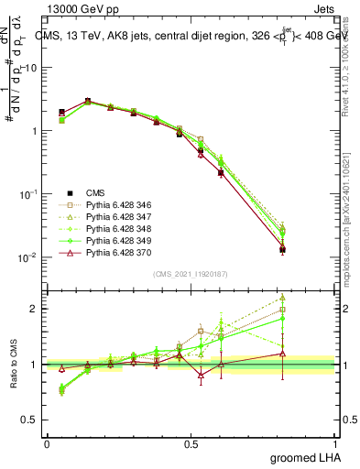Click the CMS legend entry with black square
tap(95, 192)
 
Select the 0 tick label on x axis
tap(47, 443)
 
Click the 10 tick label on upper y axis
tap(31, 68)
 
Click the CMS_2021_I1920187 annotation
tap(191, 274)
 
